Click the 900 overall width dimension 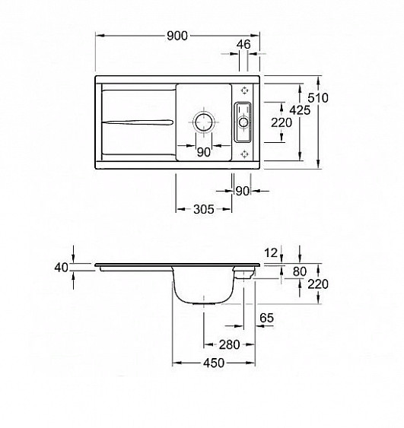177,36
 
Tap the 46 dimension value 243,44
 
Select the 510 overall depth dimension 318,98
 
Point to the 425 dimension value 300,110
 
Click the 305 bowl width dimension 204,209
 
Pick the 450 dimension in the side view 214,363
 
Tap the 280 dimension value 230,344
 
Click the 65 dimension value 266,318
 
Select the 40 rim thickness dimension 61,268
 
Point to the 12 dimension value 271,253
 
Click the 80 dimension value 300,271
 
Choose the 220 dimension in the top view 282,122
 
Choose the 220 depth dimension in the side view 318,284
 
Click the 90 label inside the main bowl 204,152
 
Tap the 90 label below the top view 242,192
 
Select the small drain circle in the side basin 243,122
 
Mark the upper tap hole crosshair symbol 244,90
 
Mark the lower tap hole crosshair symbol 244,154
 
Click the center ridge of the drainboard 138,122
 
